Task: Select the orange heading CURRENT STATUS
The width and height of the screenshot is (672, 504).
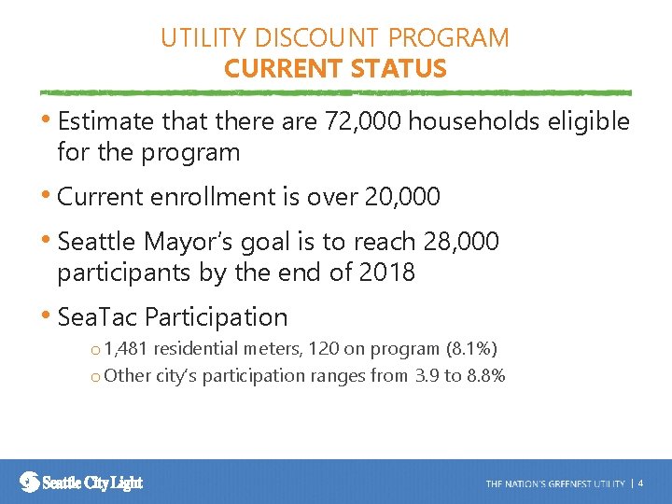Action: [x=335, y=69]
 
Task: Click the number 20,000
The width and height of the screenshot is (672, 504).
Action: [x=401, y=197]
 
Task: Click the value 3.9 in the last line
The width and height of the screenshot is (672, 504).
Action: [x=426, y=375]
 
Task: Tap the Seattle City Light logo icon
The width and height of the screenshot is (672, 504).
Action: [x=30, y=482]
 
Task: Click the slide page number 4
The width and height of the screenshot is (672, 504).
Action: [x=640, y=483]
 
